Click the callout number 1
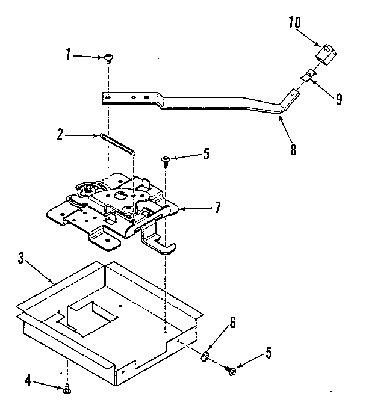pos(69,55)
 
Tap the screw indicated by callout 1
pos(109,58)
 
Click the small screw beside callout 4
pos(67,390)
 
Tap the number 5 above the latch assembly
pos(206,154)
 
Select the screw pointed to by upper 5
pos(165,160)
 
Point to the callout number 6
pos(232,322)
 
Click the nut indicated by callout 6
pos(205,359)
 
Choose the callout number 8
pos(293,149)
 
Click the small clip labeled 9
pos(307,75)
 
